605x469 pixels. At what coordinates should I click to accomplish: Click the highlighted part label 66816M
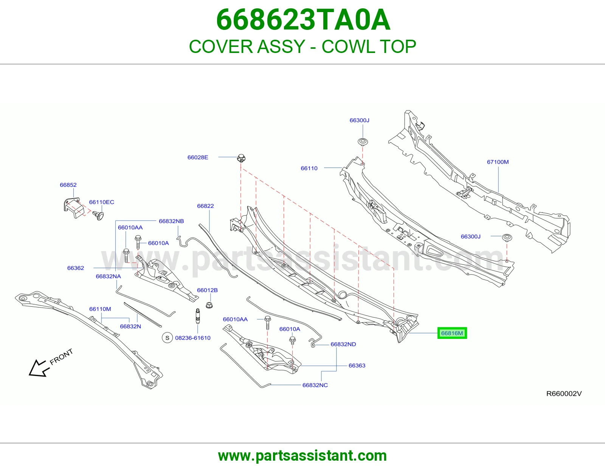coord(452,333)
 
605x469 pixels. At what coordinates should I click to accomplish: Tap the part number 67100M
coord(498,162)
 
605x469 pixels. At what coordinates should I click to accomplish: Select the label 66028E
coord(198,157)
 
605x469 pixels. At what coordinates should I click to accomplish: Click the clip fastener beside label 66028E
coord(241,158)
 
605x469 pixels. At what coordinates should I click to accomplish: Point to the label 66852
coord(68,185)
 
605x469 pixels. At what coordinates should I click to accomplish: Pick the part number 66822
coord(205,206)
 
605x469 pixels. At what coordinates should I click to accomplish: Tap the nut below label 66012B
coord(209,305)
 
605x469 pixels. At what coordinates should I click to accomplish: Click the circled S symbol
coord(168,338)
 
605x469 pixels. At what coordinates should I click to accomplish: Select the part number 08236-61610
coord(193,338)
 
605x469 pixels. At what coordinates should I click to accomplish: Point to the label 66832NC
coord(315,385)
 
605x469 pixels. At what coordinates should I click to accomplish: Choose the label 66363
coord(357,365)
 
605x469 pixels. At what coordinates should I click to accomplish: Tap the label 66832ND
coord(343,344)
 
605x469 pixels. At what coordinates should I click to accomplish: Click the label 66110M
coord(100,309)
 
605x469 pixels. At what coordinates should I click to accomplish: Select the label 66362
coord(76,268)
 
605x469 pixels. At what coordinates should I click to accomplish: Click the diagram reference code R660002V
coord(564,393)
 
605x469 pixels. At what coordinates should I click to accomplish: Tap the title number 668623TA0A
coord(303,20)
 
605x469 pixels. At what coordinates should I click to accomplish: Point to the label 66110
coord(309,168)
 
